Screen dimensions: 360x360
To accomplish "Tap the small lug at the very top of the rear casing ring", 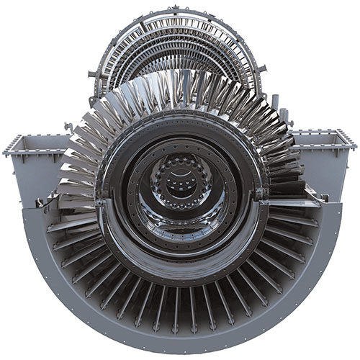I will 176,9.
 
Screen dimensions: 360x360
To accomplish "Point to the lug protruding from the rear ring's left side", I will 92,73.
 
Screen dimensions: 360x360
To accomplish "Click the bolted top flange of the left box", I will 29,138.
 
